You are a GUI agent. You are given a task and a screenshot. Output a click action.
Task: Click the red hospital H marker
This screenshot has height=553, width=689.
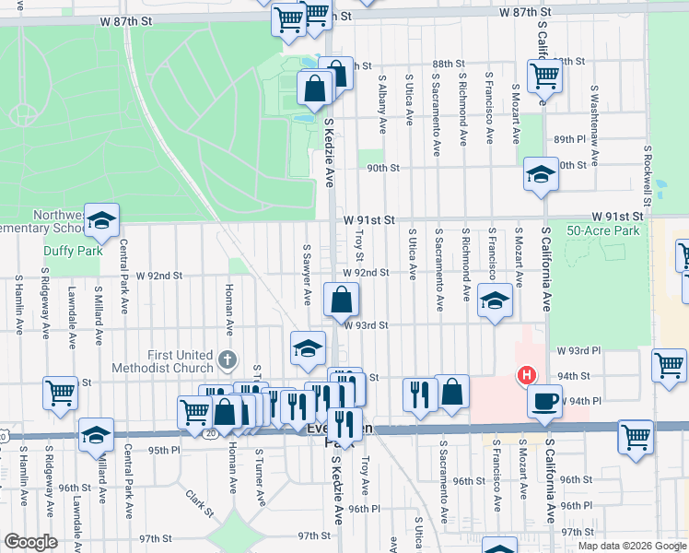tap(526, 375)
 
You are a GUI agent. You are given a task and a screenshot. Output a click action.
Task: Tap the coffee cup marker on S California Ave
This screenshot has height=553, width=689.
tap(544, 400)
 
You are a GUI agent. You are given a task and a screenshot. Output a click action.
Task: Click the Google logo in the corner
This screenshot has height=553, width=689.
tap(30, 541)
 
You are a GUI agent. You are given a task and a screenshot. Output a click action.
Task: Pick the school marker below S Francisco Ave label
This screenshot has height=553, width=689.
tap(495, 301)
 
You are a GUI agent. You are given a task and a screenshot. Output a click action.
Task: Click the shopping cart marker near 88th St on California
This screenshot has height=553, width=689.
tap(544, 76)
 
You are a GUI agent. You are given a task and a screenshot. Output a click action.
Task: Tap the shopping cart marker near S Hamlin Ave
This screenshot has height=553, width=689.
tap(60, 392)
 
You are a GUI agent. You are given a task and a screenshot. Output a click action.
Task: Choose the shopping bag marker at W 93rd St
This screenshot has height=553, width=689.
tap(341, 299)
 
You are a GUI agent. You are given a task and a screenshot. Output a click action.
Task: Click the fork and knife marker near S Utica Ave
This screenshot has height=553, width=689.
tap(420, 394)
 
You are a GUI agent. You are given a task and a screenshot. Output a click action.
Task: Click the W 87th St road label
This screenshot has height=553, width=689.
tap(531, 12)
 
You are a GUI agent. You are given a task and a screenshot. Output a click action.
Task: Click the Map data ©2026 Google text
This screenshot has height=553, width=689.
tap(631, 546)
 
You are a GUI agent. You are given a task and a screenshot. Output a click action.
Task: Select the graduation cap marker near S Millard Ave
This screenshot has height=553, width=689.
tap(96, 436)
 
